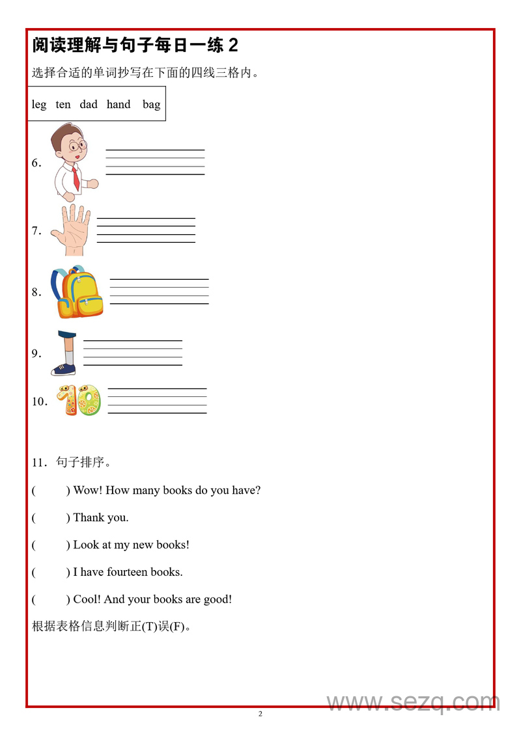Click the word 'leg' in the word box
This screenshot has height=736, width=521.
[39, 105]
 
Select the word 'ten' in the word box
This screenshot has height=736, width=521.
[63, 105]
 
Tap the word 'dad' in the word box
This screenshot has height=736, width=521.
[89, 105]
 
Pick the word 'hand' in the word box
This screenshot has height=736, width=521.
[119, 105]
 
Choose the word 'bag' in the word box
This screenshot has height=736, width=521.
[151, 105]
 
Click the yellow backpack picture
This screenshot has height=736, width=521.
[77, 292]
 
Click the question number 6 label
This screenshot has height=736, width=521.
[36, 163]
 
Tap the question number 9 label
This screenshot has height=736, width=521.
[36, 354]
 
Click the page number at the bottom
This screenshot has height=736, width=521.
[260, 714]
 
